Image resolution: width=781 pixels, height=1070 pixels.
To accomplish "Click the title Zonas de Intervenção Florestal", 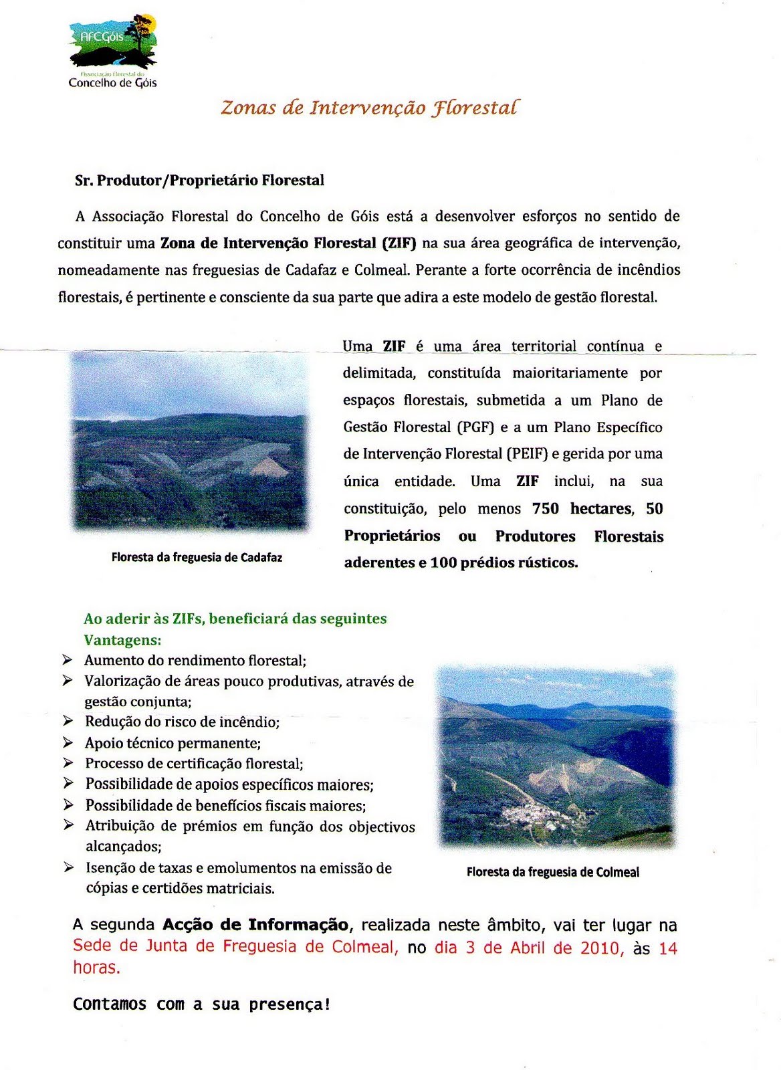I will click(x=369, y=108).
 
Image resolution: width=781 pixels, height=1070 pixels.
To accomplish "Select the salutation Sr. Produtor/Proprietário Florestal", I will click(x=199, y=181).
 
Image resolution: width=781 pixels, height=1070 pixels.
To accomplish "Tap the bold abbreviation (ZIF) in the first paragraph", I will click(x=399, y=243).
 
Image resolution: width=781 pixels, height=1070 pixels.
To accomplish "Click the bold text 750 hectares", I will click(x=582, y=509).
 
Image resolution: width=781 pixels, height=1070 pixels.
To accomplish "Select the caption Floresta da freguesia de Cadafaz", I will click(x=197, y=557).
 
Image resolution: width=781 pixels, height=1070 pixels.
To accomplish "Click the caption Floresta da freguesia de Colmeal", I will click(x=552, y=872).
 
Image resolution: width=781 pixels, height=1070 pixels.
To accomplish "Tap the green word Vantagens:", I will click(x=122, y=640).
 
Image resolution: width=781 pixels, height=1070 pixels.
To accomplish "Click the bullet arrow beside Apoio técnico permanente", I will click(x=68, y=742).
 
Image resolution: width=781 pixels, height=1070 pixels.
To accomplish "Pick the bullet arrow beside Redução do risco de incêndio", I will click(x=68, y=721).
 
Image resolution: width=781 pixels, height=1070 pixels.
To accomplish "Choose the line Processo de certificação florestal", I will click(x=194, y=764).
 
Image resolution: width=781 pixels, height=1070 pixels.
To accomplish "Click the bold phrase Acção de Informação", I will click(x=255, y=925).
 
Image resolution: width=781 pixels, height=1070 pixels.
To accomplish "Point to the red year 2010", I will click(x=600, y=948).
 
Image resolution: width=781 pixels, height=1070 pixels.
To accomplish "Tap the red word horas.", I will click(x=96, y=968).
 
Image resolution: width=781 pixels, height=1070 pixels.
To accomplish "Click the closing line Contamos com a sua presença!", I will click(x=201, y=1004).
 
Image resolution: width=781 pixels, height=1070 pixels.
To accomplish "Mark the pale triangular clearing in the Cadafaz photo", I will click(x=268, y=466).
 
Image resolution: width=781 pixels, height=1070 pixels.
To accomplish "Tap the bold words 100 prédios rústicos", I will click(x=504, y=563).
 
